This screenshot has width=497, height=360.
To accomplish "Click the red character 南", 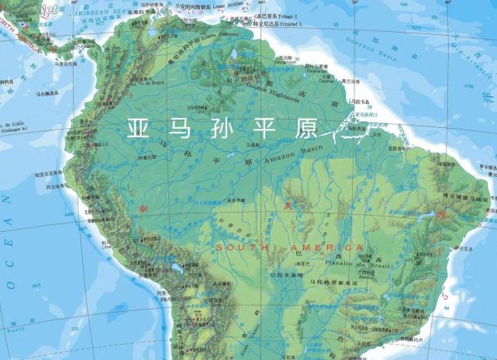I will (x=143, y=208).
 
